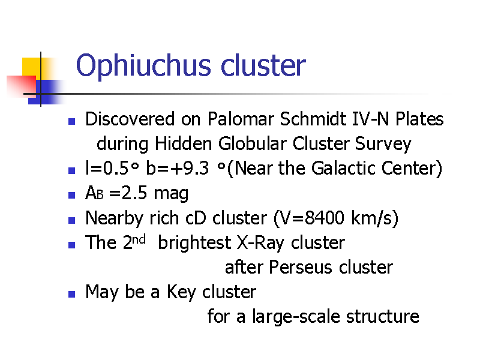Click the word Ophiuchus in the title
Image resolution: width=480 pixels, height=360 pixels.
click(143, 66)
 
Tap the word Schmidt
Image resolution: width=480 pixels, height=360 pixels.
click(313, 119)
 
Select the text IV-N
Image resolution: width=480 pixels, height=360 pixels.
click(370, 119)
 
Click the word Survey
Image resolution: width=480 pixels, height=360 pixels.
click(383, 145)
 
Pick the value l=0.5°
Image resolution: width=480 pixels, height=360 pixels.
click(112, 168)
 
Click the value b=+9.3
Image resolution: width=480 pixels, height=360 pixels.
click(177, 168)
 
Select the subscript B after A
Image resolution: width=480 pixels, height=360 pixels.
click(100, 195)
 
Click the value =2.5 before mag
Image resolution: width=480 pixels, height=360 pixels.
click(128, 193)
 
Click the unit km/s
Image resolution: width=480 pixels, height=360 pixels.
click(371, 218)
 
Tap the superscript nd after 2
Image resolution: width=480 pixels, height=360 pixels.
click(139, 239)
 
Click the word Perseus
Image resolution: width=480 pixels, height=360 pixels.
click(301, 267)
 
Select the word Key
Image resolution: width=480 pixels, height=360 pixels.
click(181, 292)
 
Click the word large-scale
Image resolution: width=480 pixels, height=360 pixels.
click(296, 317)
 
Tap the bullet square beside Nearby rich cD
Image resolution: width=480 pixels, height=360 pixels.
click(71, 220)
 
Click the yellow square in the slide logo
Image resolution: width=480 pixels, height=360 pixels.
click(31, 67)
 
